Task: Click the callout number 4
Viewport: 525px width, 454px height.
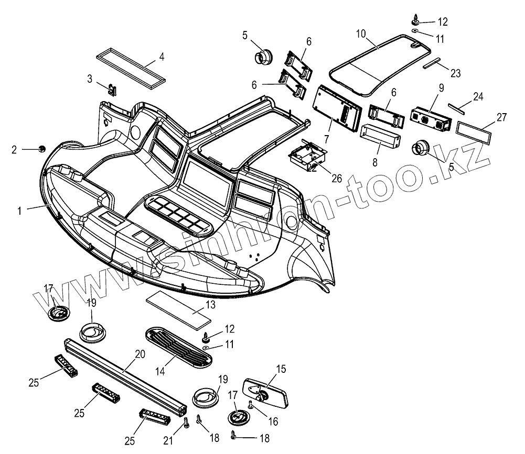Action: (x=162, y=56)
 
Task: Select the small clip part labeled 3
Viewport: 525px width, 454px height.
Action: (x=113, y=90)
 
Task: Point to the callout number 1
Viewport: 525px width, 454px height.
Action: (x=19, y=211)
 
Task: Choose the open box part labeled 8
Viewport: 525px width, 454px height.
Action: (x=381, y=137)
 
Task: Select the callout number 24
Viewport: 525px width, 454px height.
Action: (x=478, y=97)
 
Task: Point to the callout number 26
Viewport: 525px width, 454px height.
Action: (x=337, y=179)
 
